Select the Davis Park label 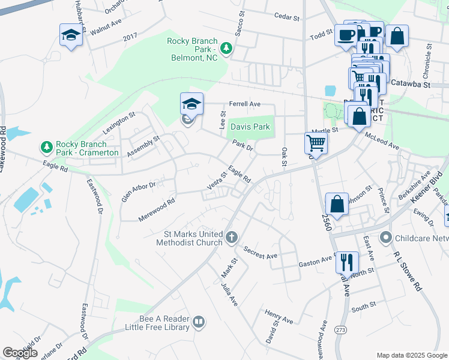[x=250, y=127]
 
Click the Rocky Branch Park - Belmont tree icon [x=226, y=47]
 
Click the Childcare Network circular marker [x=386, y=238]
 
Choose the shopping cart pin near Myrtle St [x=316, y=143]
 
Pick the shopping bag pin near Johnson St [x=337, y=203]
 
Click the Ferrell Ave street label [x=243, y=104]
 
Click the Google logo [x=20, y=353]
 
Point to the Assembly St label [x=143, y=146]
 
